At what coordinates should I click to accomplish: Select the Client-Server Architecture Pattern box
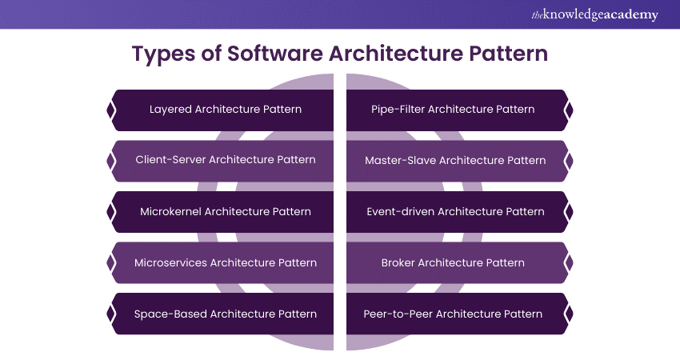coord(225,160)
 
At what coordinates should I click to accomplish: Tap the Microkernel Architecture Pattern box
coord(225,211)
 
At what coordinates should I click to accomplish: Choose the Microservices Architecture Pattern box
coord(225,262)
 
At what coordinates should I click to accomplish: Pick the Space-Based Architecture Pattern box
coord(225,314)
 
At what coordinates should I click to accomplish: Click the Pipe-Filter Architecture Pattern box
coord(454,110)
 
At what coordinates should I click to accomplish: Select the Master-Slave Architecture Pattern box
coord(454,160)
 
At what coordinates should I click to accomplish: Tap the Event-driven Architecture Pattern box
coord(454,211)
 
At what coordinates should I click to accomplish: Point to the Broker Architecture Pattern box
coord(454,262)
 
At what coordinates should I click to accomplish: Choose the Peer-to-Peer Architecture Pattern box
coord(454,314)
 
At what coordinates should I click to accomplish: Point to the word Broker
coord(398,262)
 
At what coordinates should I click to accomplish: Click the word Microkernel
coord(170,211)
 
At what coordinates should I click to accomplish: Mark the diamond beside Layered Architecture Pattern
coord(110,110)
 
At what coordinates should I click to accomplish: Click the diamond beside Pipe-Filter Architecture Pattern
coord(569,110)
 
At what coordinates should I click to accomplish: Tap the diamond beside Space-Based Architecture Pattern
coord(110,314)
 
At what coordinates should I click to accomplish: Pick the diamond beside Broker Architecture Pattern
coord(569,262)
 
